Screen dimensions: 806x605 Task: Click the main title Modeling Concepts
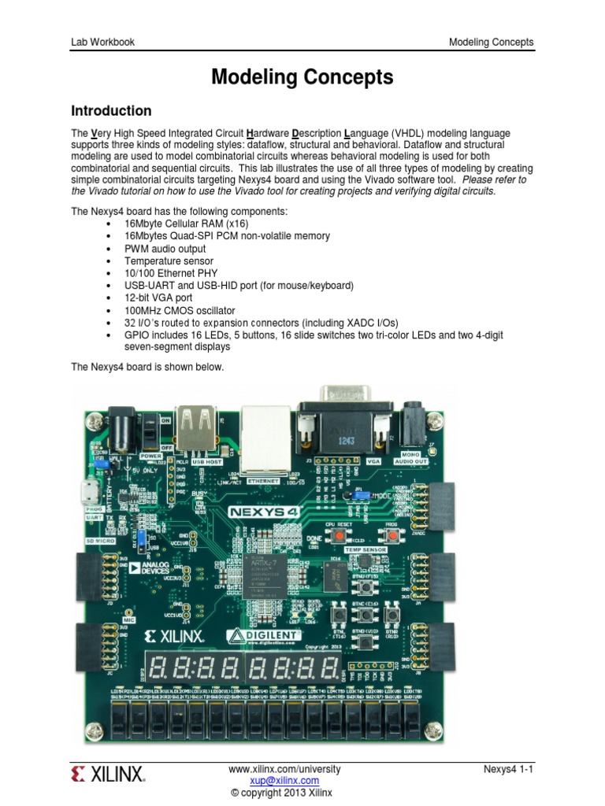tap(302, 77)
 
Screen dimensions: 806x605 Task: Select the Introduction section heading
tap(111, 111)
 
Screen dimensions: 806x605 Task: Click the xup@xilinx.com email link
tap(284, 781)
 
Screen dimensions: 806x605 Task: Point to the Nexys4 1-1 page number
tap(509, 769)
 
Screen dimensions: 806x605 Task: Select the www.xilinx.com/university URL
tap(284, 769)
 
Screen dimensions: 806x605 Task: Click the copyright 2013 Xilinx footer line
tap(284, 793)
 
